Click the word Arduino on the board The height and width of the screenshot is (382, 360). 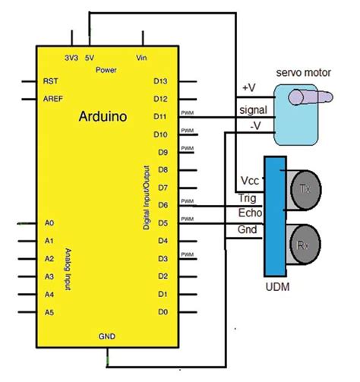[x=103, y=117]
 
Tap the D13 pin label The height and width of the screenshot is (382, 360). [x=160, y=81]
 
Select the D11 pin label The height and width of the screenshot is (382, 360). [x=160, y=116]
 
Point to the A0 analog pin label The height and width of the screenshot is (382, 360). [x=50, y=224]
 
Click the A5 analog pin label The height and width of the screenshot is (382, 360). [x=50, y=311]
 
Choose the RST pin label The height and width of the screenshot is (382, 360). [x=52, y=81]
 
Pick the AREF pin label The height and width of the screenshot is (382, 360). [x=53, y=99]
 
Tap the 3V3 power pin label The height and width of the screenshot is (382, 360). [x=71, y=57]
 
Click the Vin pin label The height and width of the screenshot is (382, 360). [x=141, y=57]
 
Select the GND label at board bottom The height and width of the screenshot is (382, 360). [x=107, y=335]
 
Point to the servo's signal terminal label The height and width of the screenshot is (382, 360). [x=252, y=109]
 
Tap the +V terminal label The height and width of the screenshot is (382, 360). [x=248, y=88]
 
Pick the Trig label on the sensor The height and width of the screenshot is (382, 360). [x=248, y=198]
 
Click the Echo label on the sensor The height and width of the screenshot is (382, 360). [x=250, y=214]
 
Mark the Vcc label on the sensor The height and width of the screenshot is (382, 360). [x=249, y=181]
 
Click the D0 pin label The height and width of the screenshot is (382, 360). [x=160, y=311]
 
